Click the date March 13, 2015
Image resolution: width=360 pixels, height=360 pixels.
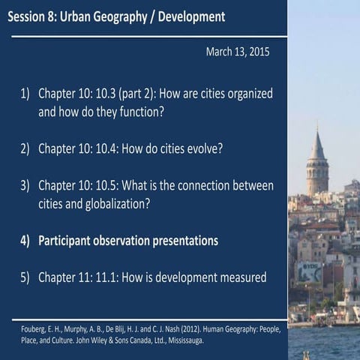pyautogui.click(x=237, y=52)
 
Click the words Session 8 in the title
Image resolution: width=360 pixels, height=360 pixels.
pyautogui.click(x=37, y=16)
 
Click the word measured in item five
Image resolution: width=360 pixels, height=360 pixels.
pyautogui.click(x=240, y=277)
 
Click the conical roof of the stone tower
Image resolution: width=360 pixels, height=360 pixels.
pyautogui.click(x=317, y=145)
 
